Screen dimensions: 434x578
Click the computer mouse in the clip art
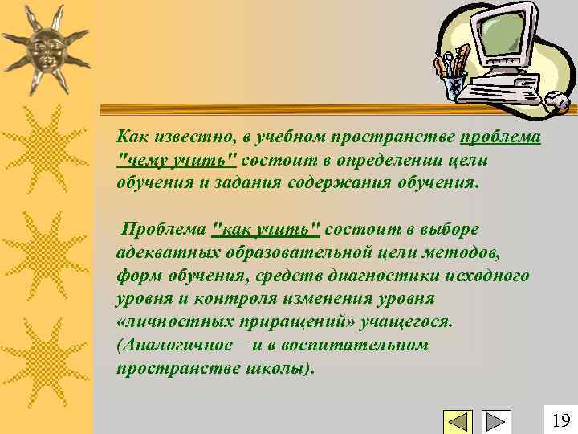coord(556,100)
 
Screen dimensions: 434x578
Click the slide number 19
coord(561,420)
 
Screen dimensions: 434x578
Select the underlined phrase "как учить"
coord(266,230)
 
